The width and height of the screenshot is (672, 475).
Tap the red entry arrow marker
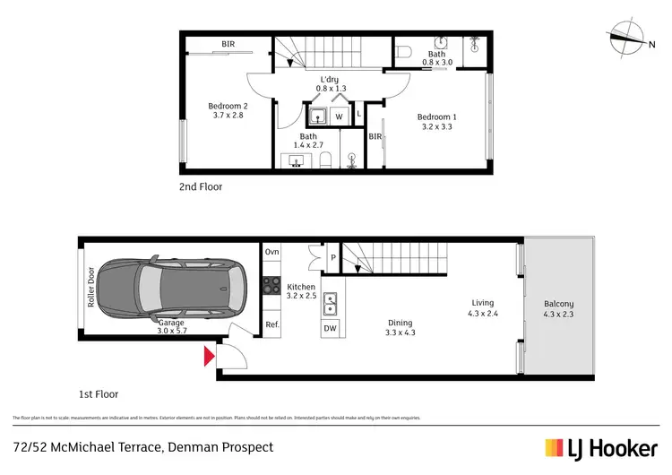point(210,357)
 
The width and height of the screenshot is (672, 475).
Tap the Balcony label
point(558,308)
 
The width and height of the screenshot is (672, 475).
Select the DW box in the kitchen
point(330,328)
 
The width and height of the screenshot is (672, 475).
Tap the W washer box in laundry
point(340,116)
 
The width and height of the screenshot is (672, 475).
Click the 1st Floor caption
point(98,393)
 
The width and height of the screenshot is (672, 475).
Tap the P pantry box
point(332,258)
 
